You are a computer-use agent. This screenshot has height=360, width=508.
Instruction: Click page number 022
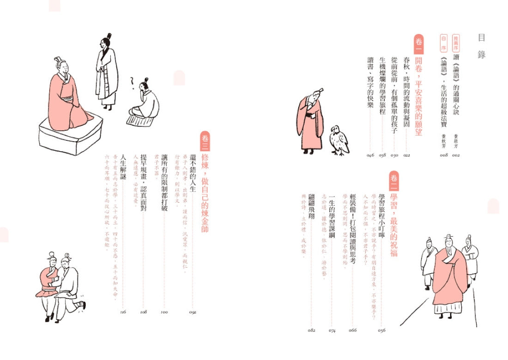click(x=406, y=156)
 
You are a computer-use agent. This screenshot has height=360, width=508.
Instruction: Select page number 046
click(x=370, y=156)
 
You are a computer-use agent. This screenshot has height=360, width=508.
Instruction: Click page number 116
click(x=122, y=312)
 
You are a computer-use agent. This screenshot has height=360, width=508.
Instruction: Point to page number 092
click(x=193, y=312)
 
